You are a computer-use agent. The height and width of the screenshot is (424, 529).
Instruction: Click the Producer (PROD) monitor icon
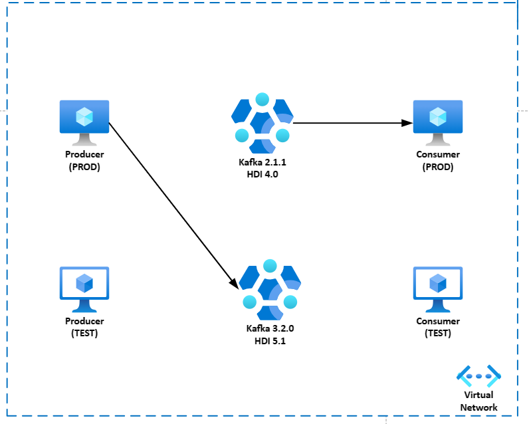[x=84, y=122]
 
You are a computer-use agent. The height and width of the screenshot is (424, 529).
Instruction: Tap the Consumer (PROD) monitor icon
[x=438, y=122]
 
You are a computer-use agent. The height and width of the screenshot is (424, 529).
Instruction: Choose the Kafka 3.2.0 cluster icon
[x=270, y=288]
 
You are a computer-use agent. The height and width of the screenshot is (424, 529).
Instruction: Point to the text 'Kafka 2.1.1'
[x=263, y=162]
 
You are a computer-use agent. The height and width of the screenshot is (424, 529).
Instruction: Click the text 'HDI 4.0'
[x=263, y=173]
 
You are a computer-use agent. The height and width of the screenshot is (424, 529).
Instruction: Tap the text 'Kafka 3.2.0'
[x=270, y=329]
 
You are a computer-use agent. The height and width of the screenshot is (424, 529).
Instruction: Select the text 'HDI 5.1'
[x=270, y=340]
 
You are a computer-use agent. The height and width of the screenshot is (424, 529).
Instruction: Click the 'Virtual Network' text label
[x=478, y=401]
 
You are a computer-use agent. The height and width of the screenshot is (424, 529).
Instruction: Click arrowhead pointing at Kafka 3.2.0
[x=234, y=284]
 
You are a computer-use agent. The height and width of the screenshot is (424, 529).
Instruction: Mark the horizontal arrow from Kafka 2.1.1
[x=346, y=122]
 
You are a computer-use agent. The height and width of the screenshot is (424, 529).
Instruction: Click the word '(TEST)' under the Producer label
[x=84, y=333]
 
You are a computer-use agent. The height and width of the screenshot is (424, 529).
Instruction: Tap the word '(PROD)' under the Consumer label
[x=438, y=167]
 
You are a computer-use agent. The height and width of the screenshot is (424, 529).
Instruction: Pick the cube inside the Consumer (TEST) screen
[x=438, y=283]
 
